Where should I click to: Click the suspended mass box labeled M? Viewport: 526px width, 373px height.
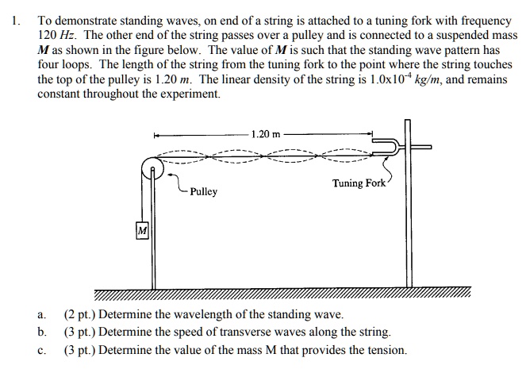[142, 230]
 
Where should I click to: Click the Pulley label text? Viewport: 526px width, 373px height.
[204, 192]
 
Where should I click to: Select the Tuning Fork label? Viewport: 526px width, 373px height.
[359, 183]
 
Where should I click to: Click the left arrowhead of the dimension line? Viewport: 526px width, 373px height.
[157, 134]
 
